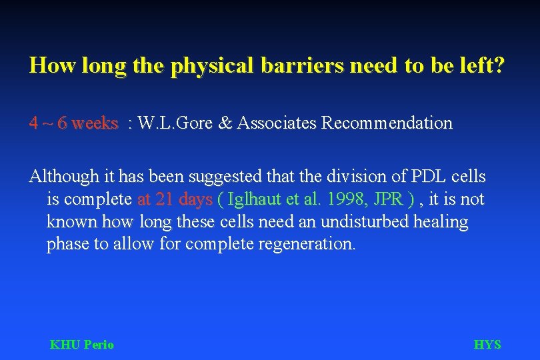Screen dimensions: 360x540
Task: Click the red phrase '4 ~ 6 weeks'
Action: click(73, 123)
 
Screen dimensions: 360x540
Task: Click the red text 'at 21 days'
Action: click(175, 199)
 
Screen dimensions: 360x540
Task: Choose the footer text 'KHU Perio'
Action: click(82, 345)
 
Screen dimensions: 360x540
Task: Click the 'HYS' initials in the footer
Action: click(487, 345)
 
